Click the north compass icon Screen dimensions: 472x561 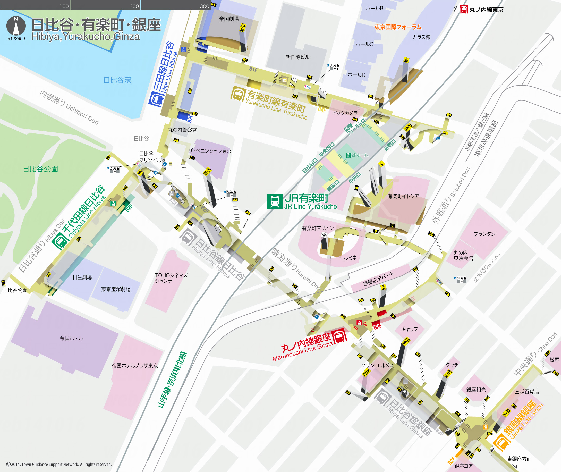click(x=16, y=26)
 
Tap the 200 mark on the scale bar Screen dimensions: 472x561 click(x=134, y=6)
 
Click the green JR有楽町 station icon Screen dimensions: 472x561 click(x=275, y=201)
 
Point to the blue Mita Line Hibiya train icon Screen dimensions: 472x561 click(x=157, y=99)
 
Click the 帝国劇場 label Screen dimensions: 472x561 click(x=229, y=19)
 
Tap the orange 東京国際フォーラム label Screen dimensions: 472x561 click(x=398, y=27)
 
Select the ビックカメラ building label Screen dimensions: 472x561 click(x=345, y=113)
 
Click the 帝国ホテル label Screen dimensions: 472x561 click(x=71, y=338)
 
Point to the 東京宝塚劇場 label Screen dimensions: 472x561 click(x=116, y=289)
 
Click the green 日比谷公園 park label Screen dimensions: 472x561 click(x=40, y=169)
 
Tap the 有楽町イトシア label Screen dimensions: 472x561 click(x=403, y=196)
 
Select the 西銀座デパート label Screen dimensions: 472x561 click(x=378, y=279)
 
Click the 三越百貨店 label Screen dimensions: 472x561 click(x=527, y=392)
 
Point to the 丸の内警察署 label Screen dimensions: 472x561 click(x=182, y=130)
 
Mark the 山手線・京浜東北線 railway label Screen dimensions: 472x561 click(x=172, y=380)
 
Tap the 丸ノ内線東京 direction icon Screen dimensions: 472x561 click(x=464, y=10)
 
